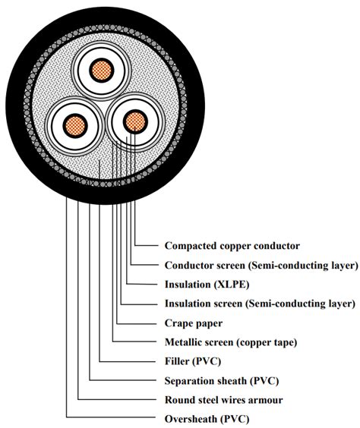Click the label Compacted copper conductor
pos(232,246)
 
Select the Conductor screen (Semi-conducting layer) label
pos(261,266)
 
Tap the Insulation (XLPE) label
pos(207,285)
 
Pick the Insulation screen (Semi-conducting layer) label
pos(260,304)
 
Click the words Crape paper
pos(194,323)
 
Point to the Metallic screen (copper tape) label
pos(231,342)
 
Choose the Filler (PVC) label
pos(193,361)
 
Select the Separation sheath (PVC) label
pos(222,381)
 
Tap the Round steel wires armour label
pos(224,400)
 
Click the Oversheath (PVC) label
pos(207,419)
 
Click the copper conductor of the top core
pos(102,71)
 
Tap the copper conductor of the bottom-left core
pos(75,126)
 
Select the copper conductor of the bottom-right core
pos(135,121)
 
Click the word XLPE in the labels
pos(231,285)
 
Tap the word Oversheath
pos(191,419)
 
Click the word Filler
pos(177,361)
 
